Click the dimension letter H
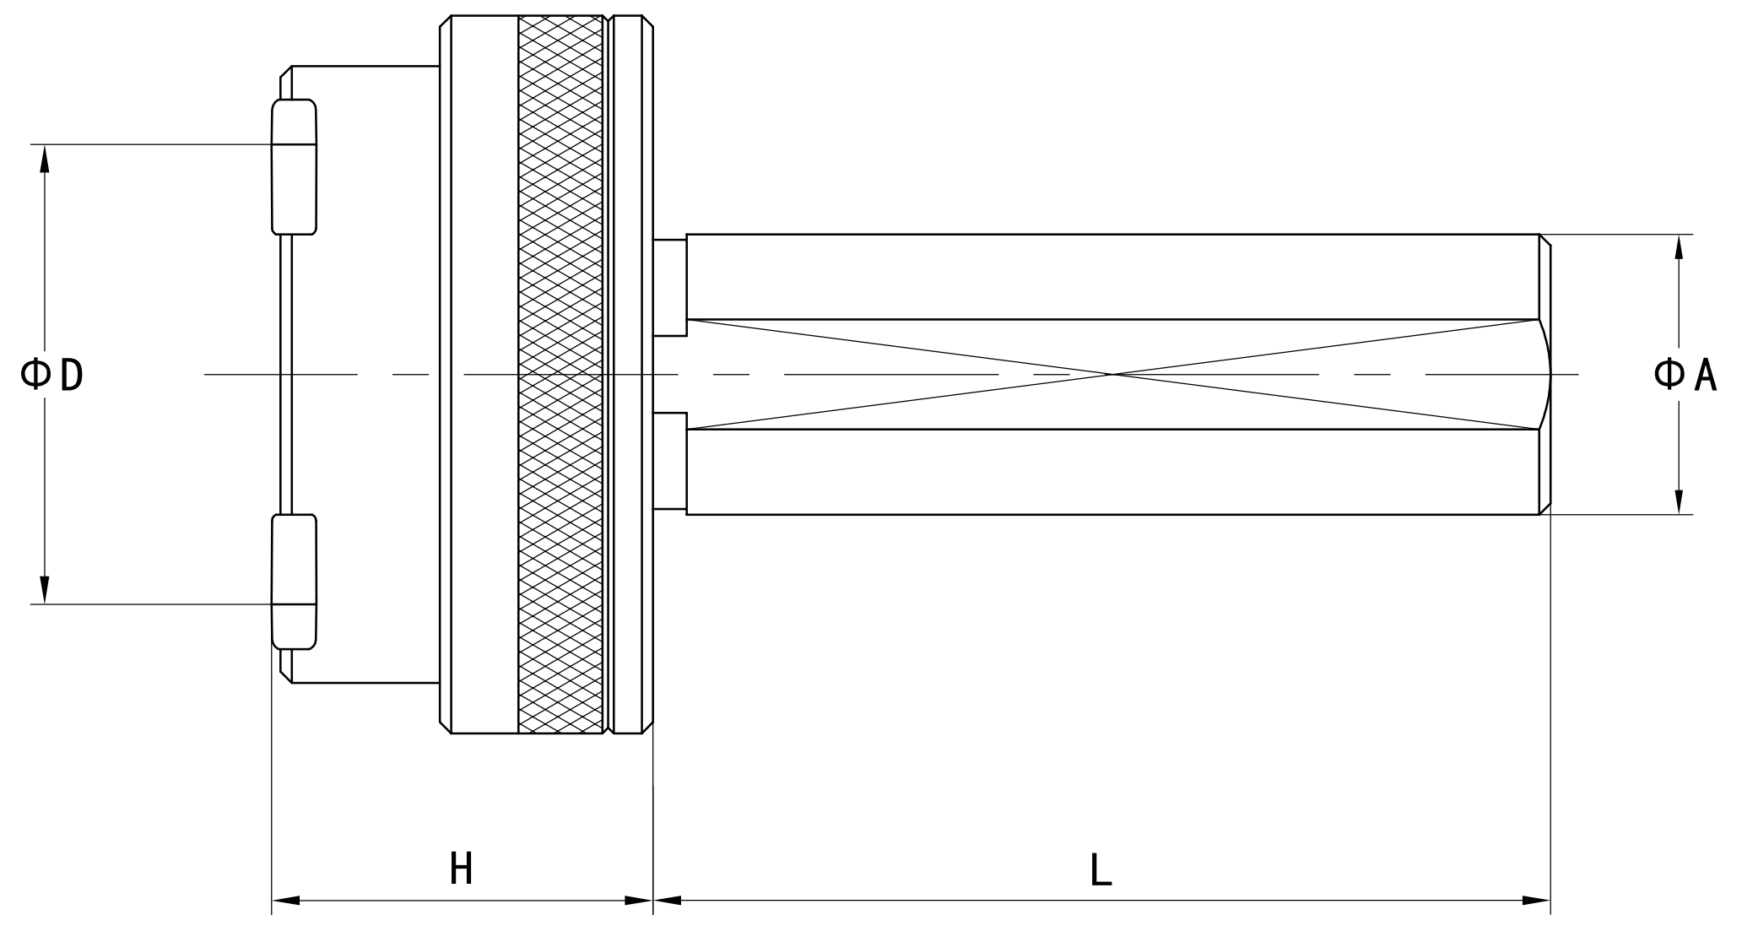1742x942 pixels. (461, 869)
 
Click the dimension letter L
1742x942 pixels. (1101, 869)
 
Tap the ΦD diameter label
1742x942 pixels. (52, 374)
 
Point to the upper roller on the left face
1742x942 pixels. (294, 166)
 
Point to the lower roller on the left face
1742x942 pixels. (294, 582)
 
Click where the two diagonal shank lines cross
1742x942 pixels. (1113, 374)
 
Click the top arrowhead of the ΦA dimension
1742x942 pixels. (1679, 246)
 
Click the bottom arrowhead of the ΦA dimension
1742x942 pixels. (1679, 501)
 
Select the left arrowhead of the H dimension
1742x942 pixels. (285, 901)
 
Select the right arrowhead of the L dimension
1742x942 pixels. (1537, 901)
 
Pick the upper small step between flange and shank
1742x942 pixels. (669, 288)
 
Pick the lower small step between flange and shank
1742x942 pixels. (669, 461)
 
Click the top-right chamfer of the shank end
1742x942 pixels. (1545, 241)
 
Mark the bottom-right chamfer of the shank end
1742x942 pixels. (1545, 508)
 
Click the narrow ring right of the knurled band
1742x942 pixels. (627, 374)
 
